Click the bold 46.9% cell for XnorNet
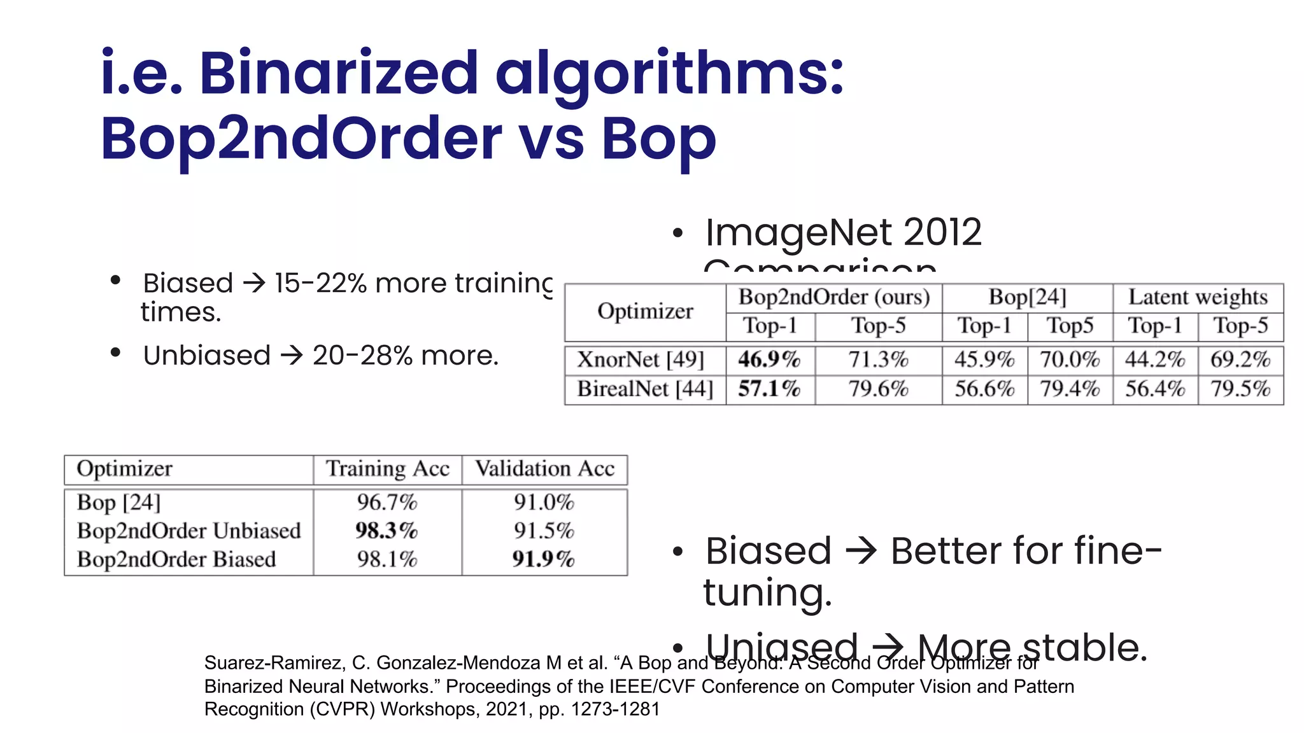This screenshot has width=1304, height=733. [x=769, y=360]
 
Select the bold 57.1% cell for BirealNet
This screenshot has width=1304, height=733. [x=769, y=389]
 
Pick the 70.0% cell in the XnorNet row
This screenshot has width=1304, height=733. [x=1070, y=360]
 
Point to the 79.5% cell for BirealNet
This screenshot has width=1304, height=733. [x=1240, y=389]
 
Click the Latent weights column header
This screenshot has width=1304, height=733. [x=1198, y=297]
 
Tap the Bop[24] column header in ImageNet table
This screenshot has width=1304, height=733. [x=1027, y=297]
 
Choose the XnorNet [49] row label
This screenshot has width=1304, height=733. [x=641, y=360]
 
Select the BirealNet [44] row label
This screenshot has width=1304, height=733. [x=645, y=389]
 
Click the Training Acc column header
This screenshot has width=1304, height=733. [x=388, y=469]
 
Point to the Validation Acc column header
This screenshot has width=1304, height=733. [x=544, y=469]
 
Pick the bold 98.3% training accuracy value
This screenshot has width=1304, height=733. [x=386, y=531]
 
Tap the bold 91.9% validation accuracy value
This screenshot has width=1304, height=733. [x=544, y=559]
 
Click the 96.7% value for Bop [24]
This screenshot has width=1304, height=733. [x=386, y=503]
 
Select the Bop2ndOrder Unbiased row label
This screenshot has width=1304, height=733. [x=188, y=531]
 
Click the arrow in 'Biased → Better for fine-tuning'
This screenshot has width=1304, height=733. [x=861, y=550]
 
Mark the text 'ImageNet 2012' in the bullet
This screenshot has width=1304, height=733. [x=843, y=232]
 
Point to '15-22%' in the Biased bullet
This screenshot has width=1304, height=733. [x=320, y=283]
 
